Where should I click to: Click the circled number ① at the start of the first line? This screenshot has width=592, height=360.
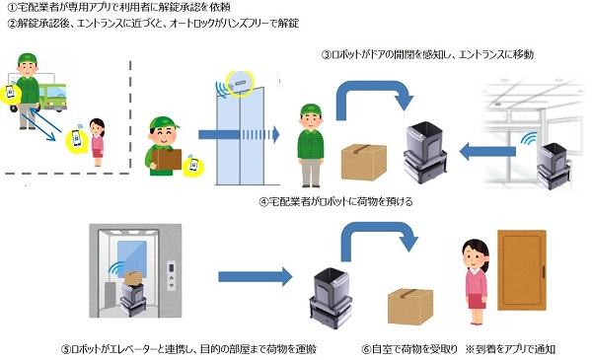pos(11,8)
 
